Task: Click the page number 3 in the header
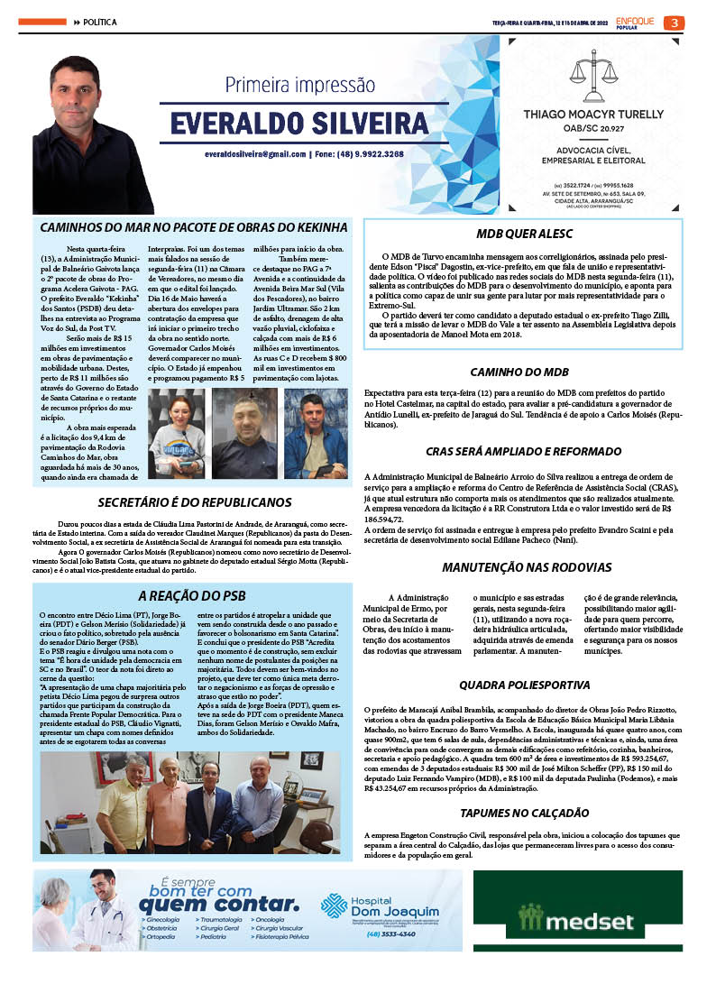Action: [x=675, y=23]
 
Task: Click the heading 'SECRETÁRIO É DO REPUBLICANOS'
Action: [x=195, y=502]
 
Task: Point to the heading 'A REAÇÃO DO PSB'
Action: [x=191, y=595]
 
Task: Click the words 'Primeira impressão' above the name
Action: [x=298, y=86]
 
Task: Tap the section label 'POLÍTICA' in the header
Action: [x=100, y=22]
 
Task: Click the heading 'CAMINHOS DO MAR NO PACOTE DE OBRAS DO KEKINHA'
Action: [x=193, y=225]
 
